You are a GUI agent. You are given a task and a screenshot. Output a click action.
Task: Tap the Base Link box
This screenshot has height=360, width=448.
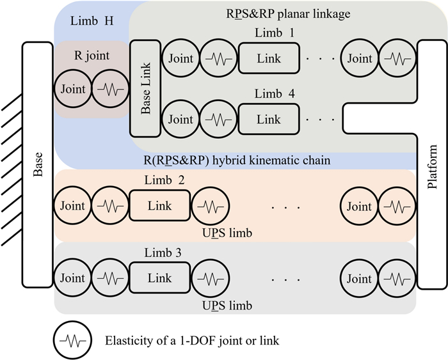pyautogui.click(x=145, y=88)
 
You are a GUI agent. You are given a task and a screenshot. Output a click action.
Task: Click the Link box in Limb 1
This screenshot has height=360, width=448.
pyautogui.click(x=268, y=59)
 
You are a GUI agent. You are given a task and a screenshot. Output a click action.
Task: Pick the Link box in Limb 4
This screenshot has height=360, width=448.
pyautogui.click(x=268, y=119)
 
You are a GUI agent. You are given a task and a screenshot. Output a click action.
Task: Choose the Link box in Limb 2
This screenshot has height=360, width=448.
pyautogui.click(x=159, y=207)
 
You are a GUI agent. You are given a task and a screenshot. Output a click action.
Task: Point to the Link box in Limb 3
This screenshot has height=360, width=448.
pyautogui.click(x=159, y=279)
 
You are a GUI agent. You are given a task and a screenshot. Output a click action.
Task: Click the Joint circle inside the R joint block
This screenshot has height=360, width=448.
pyautogui.click(x=72, y=89)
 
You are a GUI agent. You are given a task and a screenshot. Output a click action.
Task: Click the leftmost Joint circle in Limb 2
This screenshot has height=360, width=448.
pyautogui.click(x=72, y=207)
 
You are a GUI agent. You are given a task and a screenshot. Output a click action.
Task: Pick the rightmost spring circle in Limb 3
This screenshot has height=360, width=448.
pyautogui.click(x=395, y=279)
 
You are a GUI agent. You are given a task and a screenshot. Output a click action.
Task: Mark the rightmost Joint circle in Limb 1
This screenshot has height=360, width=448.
pyautogui.click(x=359, y=59)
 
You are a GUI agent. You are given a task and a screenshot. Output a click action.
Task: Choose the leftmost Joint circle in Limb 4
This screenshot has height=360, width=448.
pyautogui.click(x=180, y=119)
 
